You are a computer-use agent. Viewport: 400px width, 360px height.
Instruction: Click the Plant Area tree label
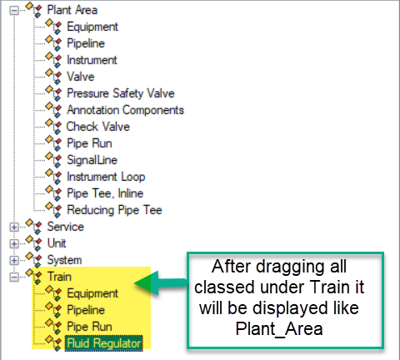tap(72, 10)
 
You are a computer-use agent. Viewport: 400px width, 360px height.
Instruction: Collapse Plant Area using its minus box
tap(14, 11)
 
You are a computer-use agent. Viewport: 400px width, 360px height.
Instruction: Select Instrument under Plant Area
tap(92, 60)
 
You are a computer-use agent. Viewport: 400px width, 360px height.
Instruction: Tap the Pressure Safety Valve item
tap(121, 93)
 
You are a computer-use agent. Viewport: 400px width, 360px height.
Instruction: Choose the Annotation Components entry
tap(126, 110)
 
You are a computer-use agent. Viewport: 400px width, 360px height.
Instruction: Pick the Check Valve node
tap(98, 127)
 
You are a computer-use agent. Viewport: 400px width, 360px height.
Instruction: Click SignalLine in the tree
tap(92, 160)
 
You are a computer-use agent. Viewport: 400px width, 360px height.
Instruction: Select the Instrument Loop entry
tap(106, 177)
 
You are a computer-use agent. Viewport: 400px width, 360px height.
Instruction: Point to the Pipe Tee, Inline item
tap(105, 193)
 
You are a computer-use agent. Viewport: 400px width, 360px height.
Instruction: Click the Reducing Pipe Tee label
tap(114, 210)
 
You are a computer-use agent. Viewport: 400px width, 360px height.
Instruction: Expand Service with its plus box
tap(14, 227)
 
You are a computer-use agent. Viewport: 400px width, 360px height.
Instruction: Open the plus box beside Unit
tap(14, 244)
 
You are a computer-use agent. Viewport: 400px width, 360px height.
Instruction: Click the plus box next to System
tap(14, 261)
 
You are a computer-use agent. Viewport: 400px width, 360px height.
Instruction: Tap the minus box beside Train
tap(14, 277)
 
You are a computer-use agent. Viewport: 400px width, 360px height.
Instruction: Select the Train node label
tap(59, 277)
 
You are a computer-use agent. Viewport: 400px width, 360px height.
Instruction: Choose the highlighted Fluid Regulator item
tap(104, 343)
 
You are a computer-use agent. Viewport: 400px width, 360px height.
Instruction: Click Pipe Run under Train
tap(89, 327)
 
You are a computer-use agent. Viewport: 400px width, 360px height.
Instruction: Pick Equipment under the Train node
tap(92, 293)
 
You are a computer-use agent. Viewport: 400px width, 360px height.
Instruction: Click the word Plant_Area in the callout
tap(279, 329)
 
